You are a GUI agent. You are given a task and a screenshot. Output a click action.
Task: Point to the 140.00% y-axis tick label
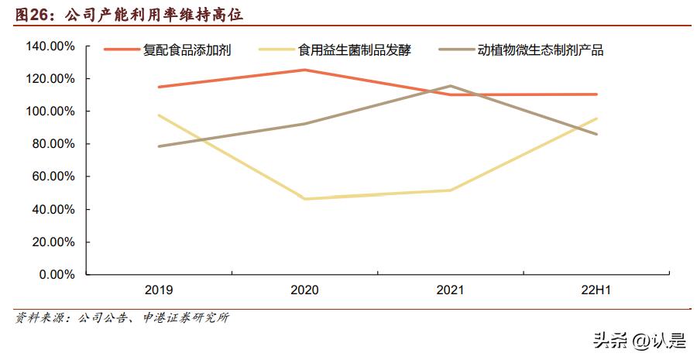(x=50, y=46)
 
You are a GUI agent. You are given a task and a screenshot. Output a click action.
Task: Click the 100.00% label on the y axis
(x=50, y=111)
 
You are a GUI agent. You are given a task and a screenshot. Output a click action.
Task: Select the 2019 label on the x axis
(x=159, y=290)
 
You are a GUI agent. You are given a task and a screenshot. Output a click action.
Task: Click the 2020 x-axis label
(x=304, y=290)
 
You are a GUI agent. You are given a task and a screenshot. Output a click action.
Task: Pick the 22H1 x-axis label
(x=596, y=290)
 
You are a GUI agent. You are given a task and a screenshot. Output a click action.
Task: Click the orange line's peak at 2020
(x=304, y=70)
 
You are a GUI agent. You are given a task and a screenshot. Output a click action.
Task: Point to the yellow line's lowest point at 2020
(x=304, y=199)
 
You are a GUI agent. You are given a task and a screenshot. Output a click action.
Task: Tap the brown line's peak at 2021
(x=451, y=86)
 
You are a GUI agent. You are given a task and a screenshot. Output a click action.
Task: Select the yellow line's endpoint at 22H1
(x=596, y=118)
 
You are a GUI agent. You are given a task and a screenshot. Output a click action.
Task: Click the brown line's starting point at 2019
(x=159, y=146)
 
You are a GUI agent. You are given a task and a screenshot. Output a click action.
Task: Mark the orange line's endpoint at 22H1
(x=596, y=94)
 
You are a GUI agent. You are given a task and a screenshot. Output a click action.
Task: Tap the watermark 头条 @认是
(x=639, y=340)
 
